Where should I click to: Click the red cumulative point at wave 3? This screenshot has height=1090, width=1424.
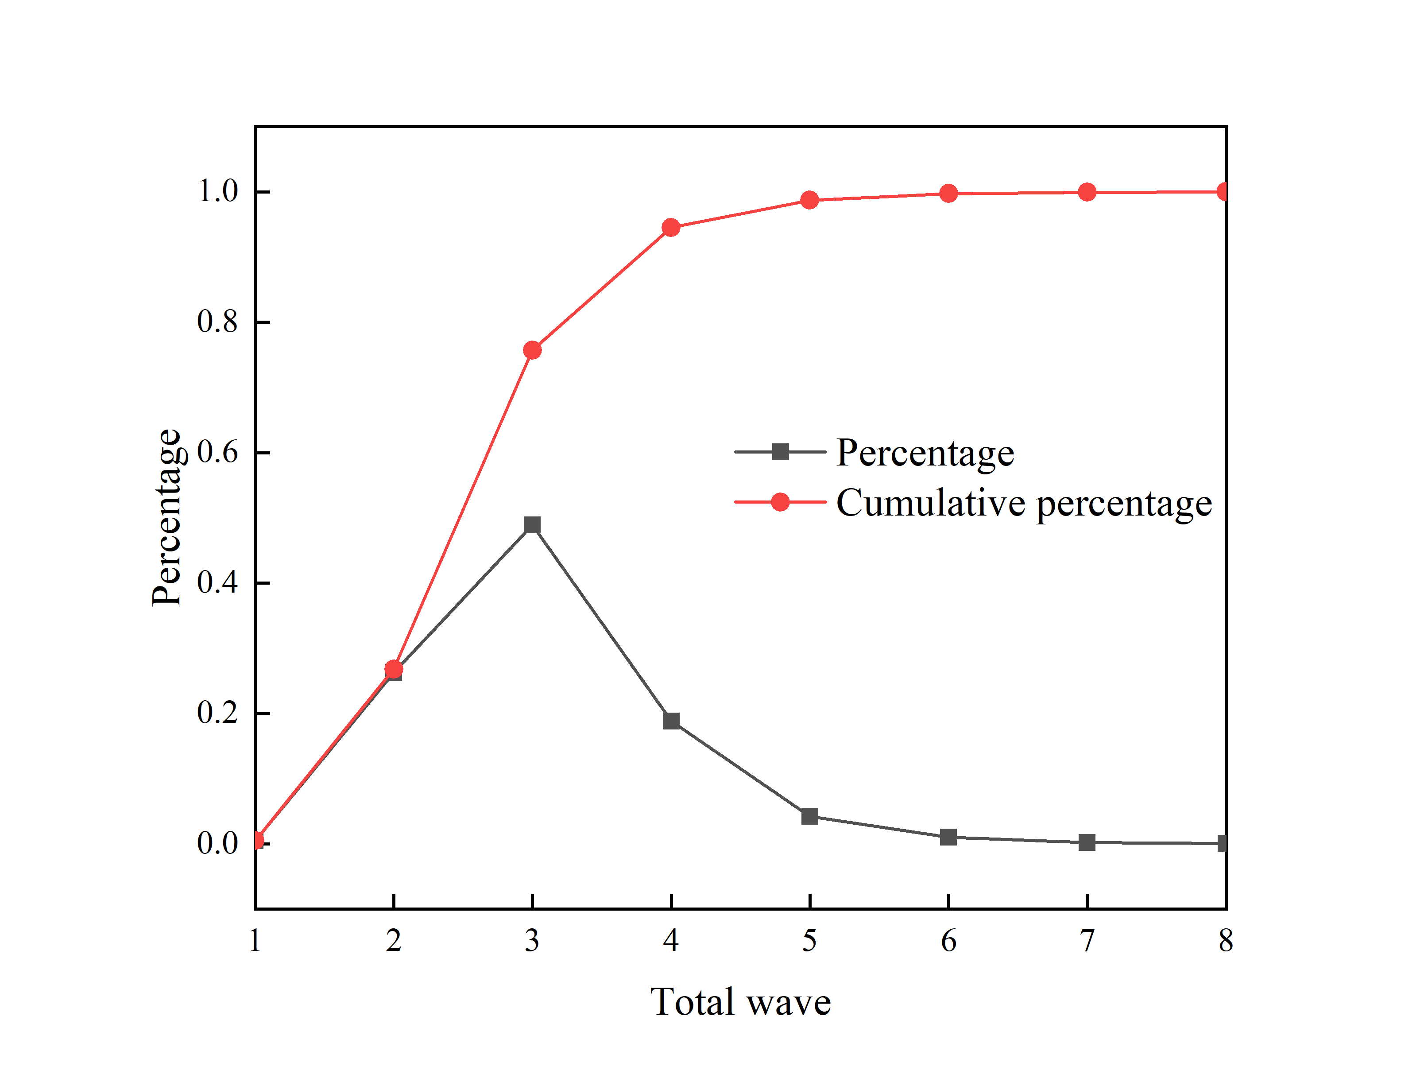pos(532,350)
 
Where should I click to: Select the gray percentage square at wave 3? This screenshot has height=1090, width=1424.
pos(532,525)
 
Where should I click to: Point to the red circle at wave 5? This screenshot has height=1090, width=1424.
pos(809,200)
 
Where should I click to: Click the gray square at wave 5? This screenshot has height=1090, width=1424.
pos(809,816)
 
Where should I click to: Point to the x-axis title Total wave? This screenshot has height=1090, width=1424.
pos(740,1002)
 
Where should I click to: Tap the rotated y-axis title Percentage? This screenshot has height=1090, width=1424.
pos(166,517)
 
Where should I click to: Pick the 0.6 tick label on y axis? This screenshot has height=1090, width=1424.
pos(217,452)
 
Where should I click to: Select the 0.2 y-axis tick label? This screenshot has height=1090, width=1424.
pos(217,713)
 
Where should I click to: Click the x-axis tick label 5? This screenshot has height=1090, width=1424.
pos(809,941)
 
